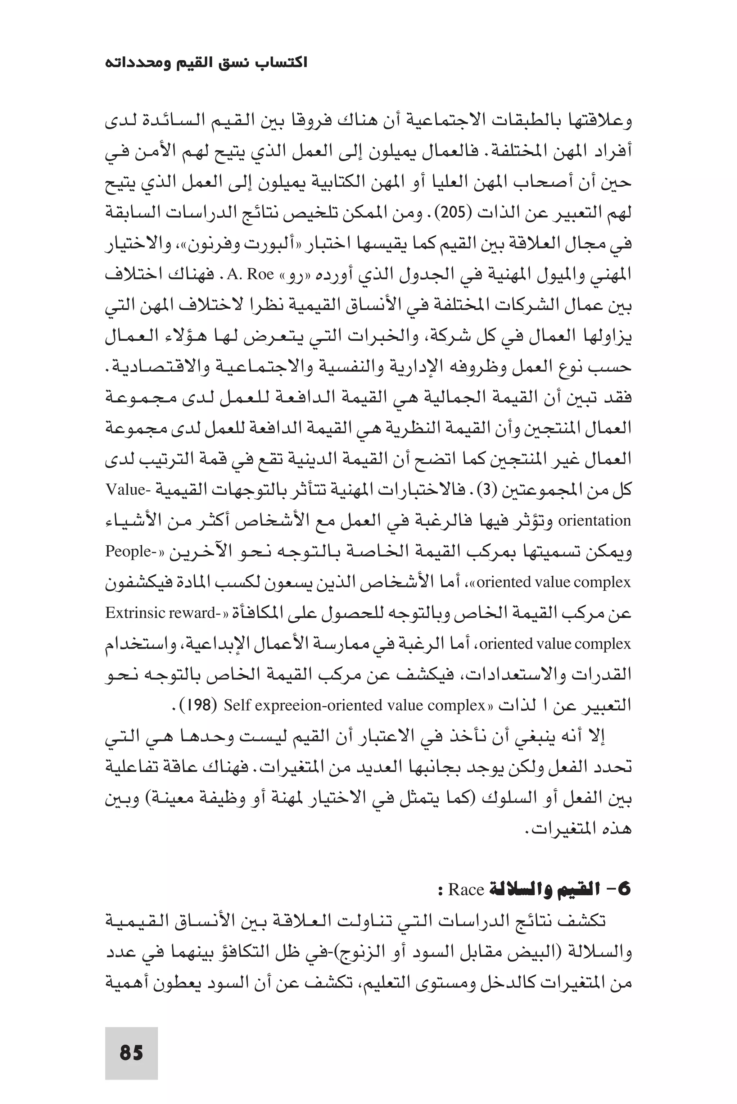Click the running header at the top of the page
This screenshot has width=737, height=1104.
tap(206, 63)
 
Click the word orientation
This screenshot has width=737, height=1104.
tap(594, 521)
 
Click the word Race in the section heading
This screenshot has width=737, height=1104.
tap(466, 890)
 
